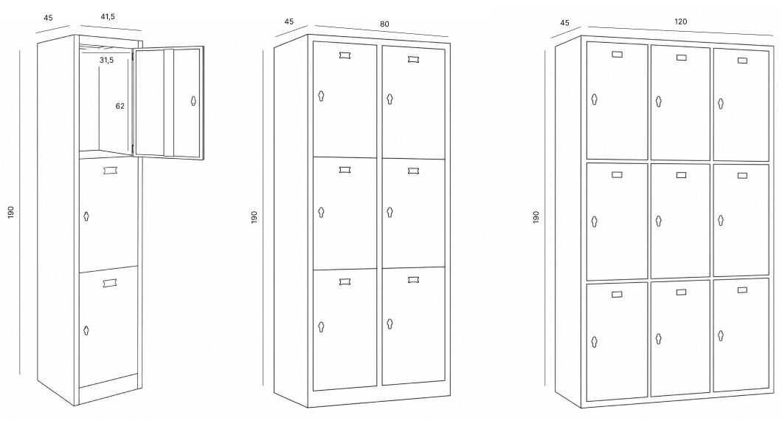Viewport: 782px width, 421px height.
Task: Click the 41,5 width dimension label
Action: pos(108,16)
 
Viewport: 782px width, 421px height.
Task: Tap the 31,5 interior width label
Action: pos(106,60)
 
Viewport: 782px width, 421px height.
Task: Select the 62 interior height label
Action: pos(120,106)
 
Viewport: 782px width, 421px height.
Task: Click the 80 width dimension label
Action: pos(384,24)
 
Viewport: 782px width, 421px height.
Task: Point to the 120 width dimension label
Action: pos(681,21)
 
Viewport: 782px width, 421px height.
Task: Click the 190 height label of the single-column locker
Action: pos(11,212)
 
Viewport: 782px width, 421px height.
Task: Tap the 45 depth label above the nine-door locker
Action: pos(564,22)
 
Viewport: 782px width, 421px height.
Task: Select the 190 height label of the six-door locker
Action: pos(254,216)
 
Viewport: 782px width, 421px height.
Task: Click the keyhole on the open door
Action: pos(193,100)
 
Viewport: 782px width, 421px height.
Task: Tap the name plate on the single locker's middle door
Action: pos(110,171)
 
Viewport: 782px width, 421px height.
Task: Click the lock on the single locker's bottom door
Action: pos(86,330)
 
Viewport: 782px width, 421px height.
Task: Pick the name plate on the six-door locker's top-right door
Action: pos(413,59)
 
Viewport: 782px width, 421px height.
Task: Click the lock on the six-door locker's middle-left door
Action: pos(321,212)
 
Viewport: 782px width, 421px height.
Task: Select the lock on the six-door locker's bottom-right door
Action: pos(390,324)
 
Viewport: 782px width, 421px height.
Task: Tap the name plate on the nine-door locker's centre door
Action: pos(681,175)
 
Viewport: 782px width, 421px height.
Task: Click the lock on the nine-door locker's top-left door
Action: pos(594,100)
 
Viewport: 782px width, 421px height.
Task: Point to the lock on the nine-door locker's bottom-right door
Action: pos(721,335)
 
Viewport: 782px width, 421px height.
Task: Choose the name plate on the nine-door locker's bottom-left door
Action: pos(617,295)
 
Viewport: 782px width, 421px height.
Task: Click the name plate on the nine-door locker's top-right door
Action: pos(743,61)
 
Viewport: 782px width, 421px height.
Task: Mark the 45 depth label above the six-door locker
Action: pos(289,21)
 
